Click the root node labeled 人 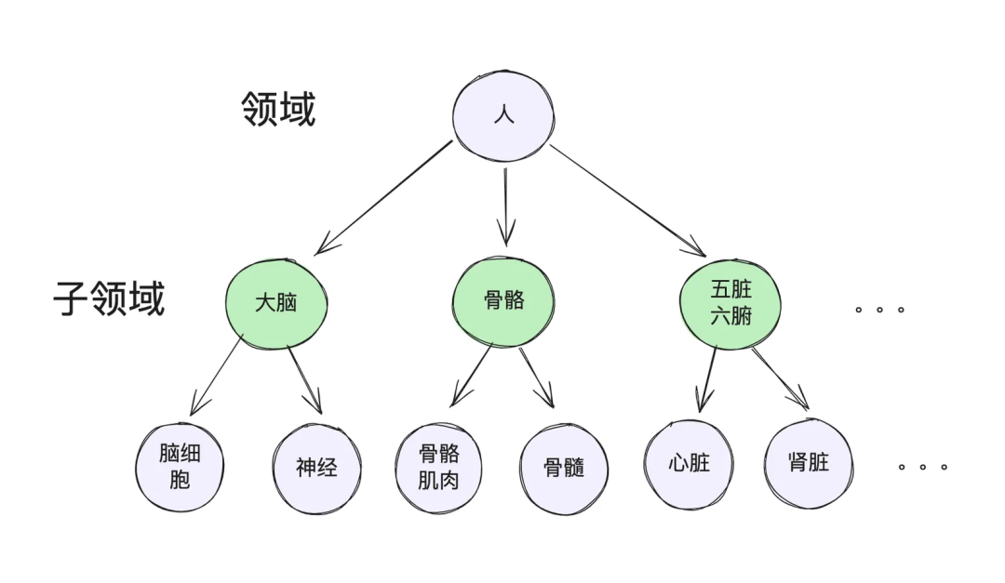pos(503,115)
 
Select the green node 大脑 pos(276,302)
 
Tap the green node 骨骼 pos(503,300)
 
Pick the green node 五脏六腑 pos(730,303)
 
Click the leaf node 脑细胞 pos(180,466)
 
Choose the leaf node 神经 pos(316,468)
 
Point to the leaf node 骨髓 pos(564,468)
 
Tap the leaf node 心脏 pos(689,463)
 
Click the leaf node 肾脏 pos(808,462)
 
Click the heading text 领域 pos(278,109)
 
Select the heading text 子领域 pos(109,299)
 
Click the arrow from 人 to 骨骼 pos(505,205)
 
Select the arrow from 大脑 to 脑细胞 pos(216,377)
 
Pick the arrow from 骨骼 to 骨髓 pos(537,378)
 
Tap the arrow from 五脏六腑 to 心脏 pos(708,380)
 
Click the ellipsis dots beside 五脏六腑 pos(879,310)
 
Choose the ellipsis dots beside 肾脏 pos(922,467)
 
